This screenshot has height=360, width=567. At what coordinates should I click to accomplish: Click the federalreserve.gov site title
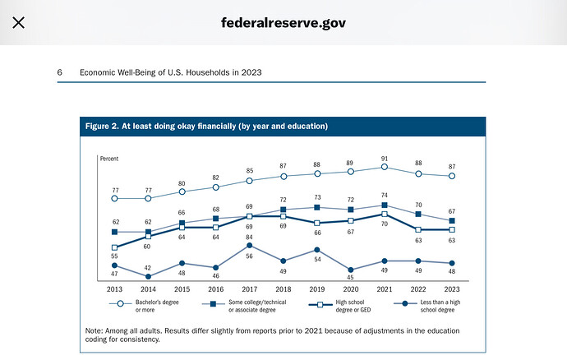coord(283,22)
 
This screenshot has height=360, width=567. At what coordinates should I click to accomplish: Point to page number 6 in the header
coord(60,72)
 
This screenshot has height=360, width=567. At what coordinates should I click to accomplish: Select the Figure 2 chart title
coord(207,126)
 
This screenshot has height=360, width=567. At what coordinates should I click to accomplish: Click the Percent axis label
coord(109,157)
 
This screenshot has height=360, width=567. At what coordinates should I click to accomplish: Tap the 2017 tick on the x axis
coord(249,289)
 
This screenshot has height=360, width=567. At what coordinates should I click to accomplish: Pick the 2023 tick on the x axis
coord(452,289)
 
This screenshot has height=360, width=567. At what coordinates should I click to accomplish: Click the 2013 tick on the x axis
coord(114,289)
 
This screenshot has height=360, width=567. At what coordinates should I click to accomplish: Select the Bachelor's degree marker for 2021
coord(385,167)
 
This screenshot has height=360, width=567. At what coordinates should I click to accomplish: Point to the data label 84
coord(249,238)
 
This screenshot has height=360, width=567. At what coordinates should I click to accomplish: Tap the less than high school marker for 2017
coord(249,245)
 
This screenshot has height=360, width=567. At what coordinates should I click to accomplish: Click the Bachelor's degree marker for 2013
coord(114,198)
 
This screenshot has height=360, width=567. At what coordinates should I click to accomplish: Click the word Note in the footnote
coord(94,330)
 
